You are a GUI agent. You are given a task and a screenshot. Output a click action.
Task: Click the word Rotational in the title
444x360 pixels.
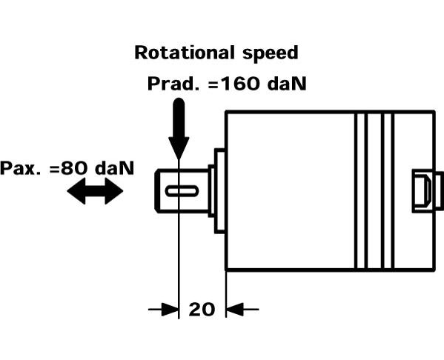(x=185, y=53)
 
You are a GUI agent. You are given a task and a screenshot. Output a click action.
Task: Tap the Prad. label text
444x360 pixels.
(x=173, y=84)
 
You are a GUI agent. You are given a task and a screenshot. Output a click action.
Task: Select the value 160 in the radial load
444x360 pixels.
(x=239, y=84)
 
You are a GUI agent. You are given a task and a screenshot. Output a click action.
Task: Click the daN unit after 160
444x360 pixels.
(x=287, y=84)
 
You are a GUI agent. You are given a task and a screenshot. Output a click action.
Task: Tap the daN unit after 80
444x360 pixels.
(x=114, y=168)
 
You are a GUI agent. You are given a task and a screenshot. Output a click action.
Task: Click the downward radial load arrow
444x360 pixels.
(x=179, y=129)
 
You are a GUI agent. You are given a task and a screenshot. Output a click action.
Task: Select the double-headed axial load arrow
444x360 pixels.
(x=95, y=191)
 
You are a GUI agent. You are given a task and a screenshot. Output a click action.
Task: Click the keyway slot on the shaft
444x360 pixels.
(x=182, y=191)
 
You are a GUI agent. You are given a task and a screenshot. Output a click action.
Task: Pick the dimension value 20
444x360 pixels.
(x=202, y=310)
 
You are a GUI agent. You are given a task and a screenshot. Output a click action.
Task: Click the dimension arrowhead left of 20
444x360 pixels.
(x=170, y=310)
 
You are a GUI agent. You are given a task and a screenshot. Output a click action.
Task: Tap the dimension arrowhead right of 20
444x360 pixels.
(x=235, y=310)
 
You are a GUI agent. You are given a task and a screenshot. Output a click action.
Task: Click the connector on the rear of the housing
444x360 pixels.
(x=427, y=191)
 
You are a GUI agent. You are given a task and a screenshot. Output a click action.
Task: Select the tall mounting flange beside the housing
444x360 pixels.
(x=219, y=191)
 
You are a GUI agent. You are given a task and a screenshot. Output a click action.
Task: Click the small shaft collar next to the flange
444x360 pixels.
(x=211, y=191)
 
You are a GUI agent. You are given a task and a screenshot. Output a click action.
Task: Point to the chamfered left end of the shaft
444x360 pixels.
(x=157, y=191)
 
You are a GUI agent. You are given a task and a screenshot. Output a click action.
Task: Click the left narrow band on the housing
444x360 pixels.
(x=361, y=191)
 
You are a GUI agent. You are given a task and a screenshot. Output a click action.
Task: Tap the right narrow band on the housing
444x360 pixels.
(x=388, y=191)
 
